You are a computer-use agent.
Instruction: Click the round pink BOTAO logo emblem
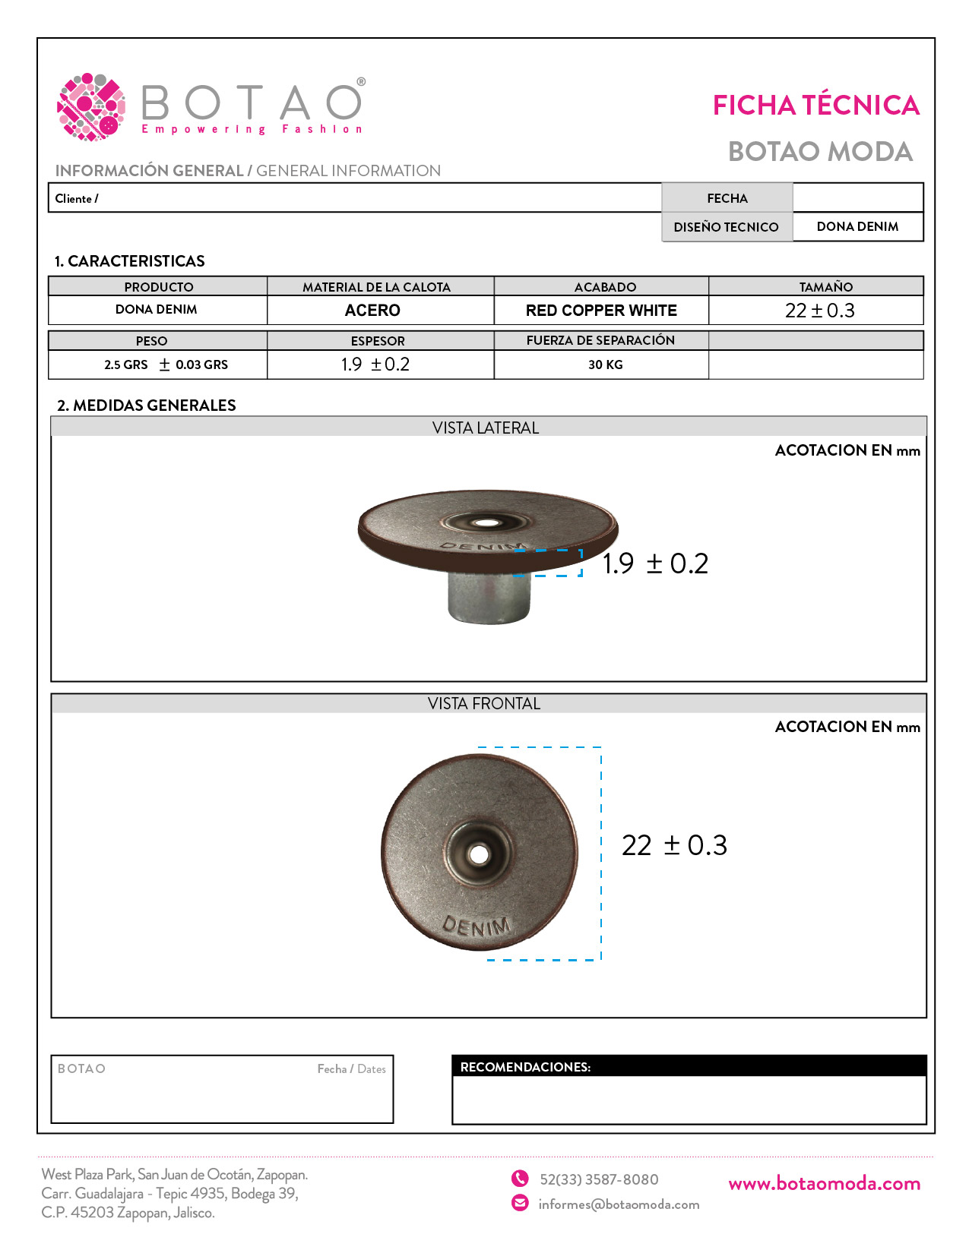[91, 107]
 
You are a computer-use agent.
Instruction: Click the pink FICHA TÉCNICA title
[815, 106]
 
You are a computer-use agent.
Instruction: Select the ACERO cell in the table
[372, 311]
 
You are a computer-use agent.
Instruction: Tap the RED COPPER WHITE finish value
[601, 311]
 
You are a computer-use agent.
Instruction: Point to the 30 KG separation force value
[605, 365]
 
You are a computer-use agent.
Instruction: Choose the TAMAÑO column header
[825, 287]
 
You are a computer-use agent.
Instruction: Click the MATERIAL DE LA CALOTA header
[376, 287]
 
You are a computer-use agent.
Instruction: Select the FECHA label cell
[727, 198]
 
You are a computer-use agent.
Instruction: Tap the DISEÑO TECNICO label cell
[726, 227]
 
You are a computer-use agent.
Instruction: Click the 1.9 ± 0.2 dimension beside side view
[655, 563]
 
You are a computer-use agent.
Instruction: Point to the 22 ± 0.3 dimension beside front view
[674, 845]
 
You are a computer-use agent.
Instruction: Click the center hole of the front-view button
[479, 854]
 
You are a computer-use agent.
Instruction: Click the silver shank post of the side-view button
[488, 598]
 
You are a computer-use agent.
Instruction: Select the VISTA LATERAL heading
[486, 428]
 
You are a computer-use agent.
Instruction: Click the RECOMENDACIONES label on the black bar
[525, 1067]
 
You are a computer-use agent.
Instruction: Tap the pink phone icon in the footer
[520, 1179]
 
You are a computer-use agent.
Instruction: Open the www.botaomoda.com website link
[824, 1184]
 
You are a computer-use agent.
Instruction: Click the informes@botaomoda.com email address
[619, 1204]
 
